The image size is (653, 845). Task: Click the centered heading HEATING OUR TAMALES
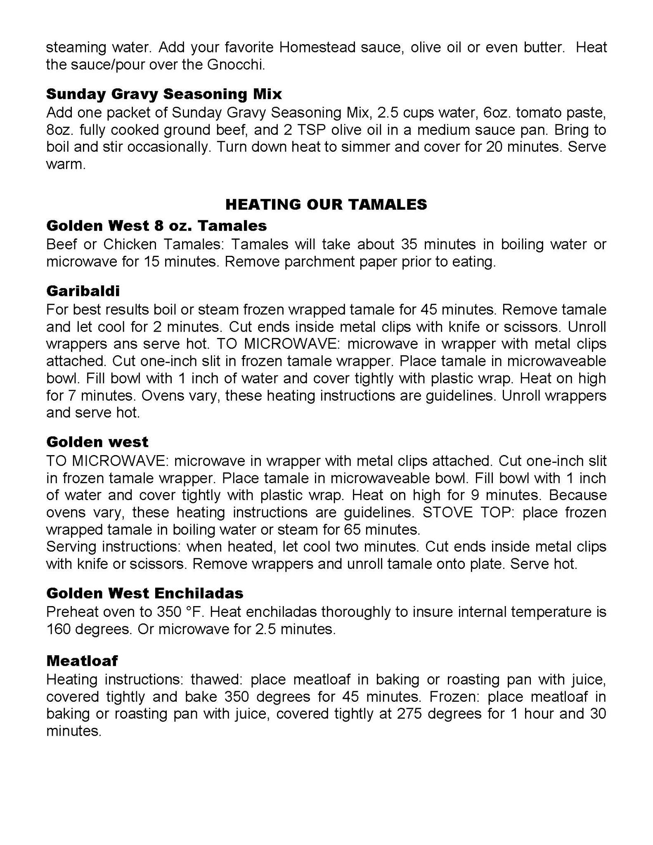coord(326,204)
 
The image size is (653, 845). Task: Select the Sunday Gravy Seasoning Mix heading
coord(164,94)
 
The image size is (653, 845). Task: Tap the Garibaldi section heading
coord(83,291)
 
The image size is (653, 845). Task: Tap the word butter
coord(544,47)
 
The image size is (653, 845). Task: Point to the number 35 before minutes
coord(410,244)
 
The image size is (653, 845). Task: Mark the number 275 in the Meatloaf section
coord(409,714)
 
